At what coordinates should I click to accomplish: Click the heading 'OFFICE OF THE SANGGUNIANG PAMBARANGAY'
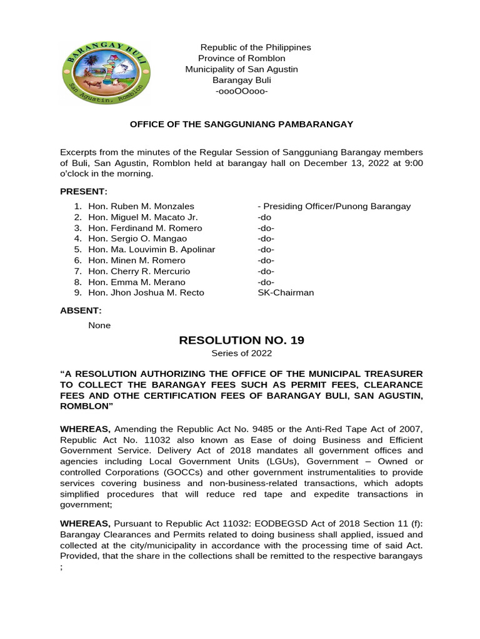pos(241,124)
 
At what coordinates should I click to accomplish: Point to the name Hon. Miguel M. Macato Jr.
pos(143,217)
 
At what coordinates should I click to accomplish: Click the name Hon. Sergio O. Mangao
pos(137,238)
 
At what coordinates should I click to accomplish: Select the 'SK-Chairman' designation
pos(286,293)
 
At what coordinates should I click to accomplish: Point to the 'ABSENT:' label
pos(81,310)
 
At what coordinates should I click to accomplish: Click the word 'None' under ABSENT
pos(99,325)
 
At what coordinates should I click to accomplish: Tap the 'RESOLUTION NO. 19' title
pos(241,340)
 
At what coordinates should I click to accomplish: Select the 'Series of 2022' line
pos(241,354)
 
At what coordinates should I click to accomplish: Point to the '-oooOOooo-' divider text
pos(241,92)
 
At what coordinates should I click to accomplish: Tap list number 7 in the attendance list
pos(78,271)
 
